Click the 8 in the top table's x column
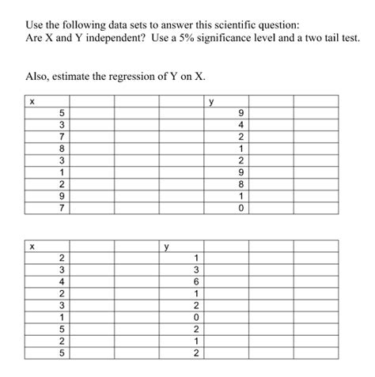62,148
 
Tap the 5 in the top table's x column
62,111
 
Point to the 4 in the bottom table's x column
62,281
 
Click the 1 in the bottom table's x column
62,317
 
